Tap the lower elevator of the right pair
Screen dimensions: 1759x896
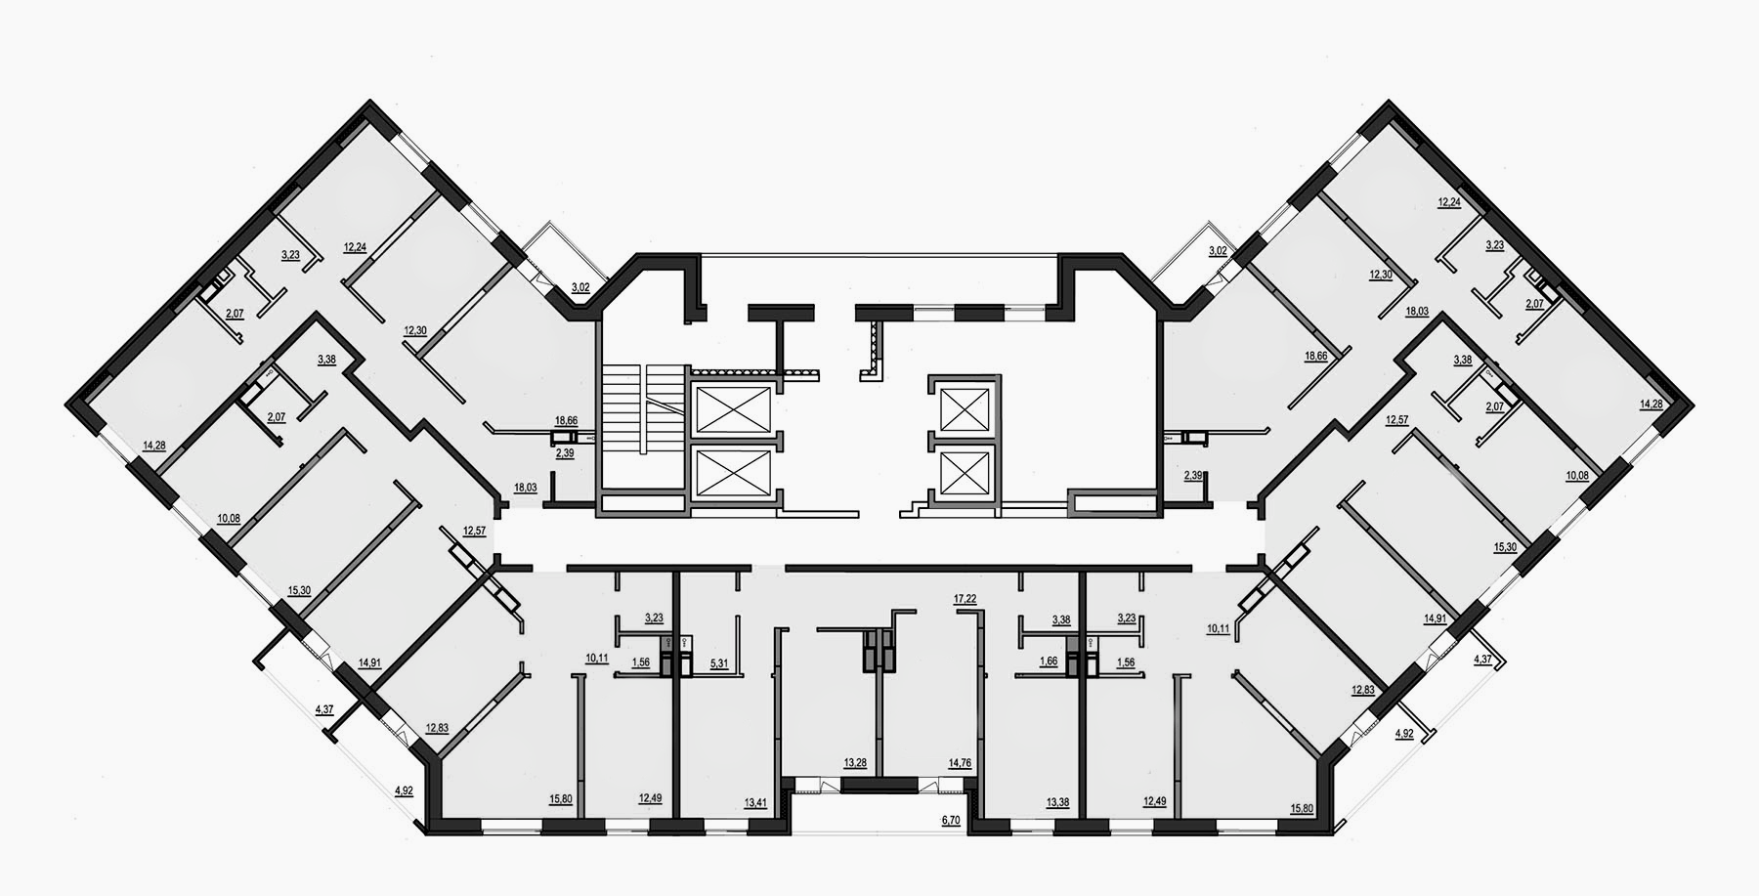[962, 476]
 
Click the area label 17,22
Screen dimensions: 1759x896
[965, 597]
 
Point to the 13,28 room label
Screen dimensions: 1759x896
[855, 762]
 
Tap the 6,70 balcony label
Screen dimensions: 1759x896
[951, 821]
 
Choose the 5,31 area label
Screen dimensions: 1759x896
[719, 662]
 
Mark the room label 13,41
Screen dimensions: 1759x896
[755, 802]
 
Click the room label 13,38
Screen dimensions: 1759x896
[1057, 802]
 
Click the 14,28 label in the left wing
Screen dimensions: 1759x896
[153, 446]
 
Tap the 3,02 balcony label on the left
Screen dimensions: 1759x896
[580, 286]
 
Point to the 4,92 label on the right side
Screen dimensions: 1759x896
[1404, 732]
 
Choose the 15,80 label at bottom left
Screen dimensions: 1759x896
[561, 798]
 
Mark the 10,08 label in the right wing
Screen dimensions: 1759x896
[1577, 475]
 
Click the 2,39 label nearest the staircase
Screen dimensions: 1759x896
[566, 453]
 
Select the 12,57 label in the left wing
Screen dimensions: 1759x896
[474, 531]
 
